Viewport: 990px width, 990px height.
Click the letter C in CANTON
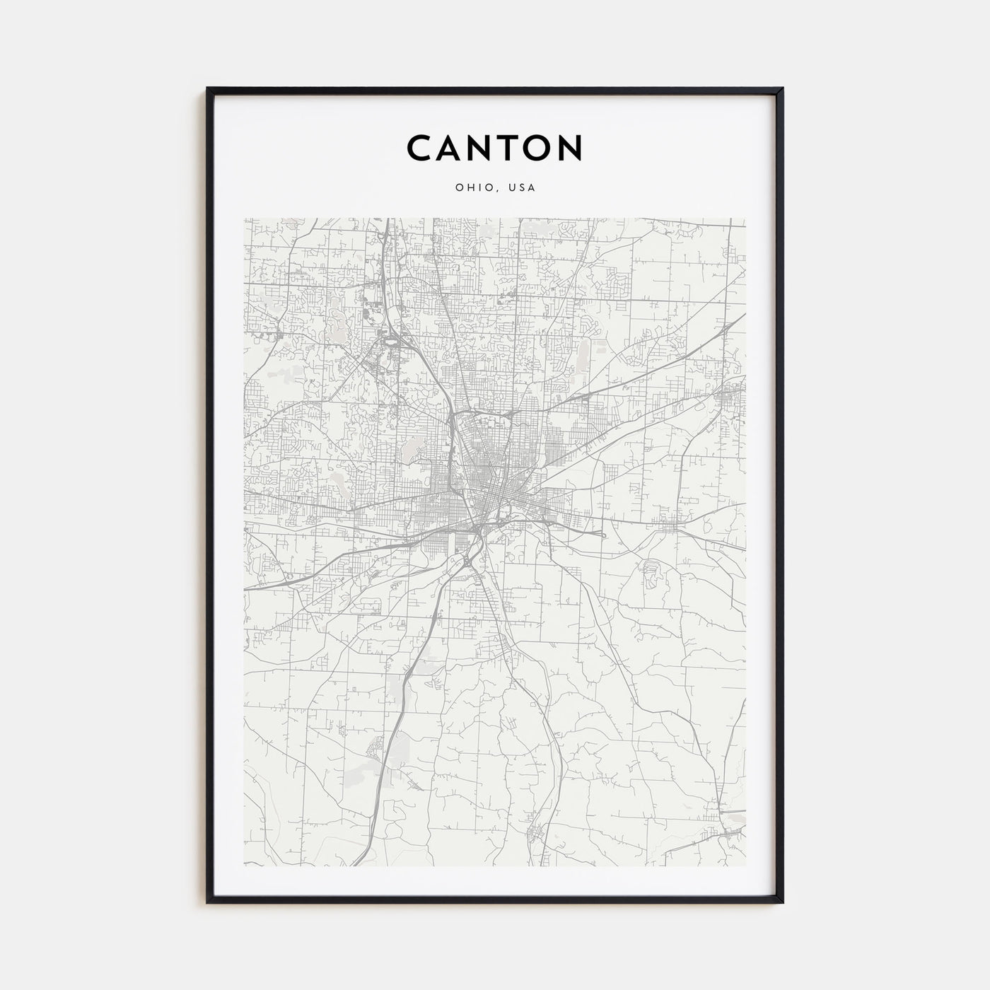(x=421, y=148)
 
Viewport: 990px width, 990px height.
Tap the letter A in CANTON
(x=452, y=148)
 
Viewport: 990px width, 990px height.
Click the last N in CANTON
(x=570, y=148)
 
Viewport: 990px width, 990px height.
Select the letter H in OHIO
(x=472, y=188)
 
